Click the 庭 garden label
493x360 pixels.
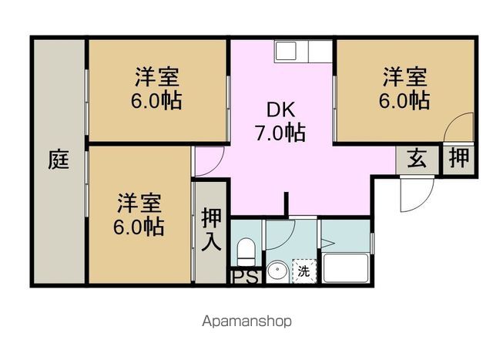pos(59,160)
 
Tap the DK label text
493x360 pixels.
pos(280,109)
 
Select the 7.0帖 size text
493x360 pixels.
pos(280,133)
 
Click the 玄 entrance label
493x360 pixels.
pos(417,158)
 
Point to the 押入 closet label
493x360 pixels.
pos(211,229)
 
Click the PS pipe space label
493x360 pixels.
pos(246,277)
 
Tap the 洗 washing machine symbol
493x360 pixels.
pos(304,271)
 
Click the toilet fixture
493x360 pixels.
pos(246,252)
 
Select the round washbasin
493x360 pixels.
pos(277,271)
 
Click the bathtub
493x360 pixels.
pos(346,268)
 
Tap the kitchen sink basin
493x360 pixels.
pos(286,50)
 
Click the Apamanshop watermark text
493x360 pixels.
pos(246,321)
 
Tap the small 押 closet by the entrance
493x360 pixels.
pos(459,158)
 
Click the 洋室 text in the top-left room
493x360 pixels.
pos(157,76)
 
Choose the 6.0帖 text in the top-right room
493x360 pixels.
pos(404,100)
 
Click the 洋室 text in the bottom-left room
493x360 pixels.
pos(139,203)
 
